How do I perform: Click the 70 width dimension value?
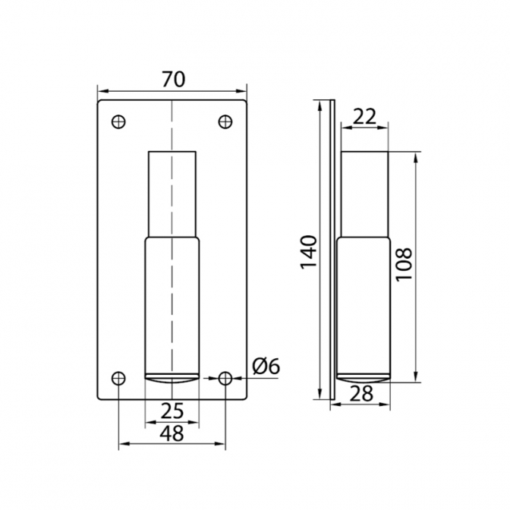click(x=173, y=79)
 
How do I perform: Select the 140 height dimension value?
click(x=308, y=252)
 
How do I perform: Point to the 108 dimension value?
click(x=404, y=264)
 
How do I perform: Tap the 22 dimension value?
click(x=364, y=116)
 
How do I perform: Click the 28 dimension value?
click(x=362, y=394)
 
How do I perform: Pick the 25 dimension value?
click(x=172, y=411)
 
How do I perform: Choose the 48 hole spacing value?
click(x=172, y=433)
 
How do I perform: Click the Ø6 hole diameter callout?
click(x=266, y=367)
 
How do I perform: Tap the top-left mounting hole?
click(x=118, y=122)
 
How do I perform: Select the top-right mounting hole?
click(x=225, y=122)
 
